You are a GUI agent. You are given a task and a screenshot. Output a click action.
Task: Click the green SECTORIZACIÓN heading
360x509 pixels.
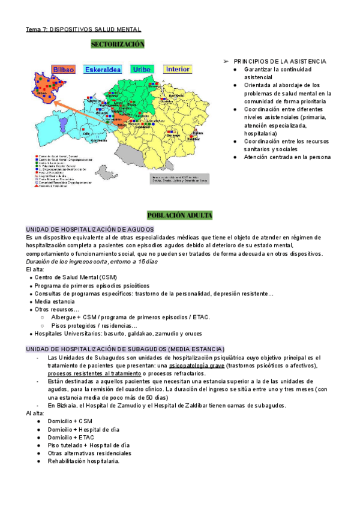coord(118,44)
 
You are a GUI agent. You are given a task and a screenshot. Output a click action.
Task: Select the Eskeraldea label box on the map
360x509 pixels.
coord(103,70)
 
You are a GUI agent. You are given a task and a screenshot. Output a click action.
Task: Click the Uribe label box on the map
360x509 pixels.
coord(142,70)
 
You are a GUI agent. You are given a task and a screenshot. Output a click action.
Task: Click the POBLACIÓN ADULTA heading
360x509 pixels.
coord(179,215)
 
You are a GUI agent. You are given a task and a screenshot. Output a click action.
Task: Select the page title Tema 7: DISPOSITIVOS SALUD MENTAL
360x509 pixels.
coord(83,29)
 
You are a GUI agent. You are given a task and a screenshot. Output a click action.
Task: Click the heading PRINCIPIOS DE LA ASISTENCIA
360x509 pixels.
coord(280,61)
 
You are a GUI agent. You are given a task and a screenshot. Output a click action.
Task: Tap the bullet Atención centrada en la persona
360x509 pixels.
coord(286,157)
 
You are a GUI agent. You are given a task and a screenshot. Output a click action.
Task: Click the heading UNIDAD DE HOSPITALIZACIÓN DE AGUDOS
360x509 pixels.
coord(89,229)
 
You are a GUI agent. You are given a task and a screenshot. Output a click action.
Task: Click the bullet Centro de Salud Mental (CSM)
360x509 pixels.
coord(76,277)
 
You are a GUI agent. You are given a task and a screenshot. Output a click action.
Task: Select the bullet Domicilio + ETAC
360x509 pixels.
coord(74,438)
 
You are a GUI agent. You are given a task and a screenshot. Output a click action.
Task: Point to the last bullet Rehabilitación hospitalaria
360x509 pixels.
coord(83,461)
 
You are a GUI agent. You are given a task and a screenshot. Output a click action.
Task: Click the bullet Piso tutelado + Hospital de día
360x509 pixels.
coord(89,445)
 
